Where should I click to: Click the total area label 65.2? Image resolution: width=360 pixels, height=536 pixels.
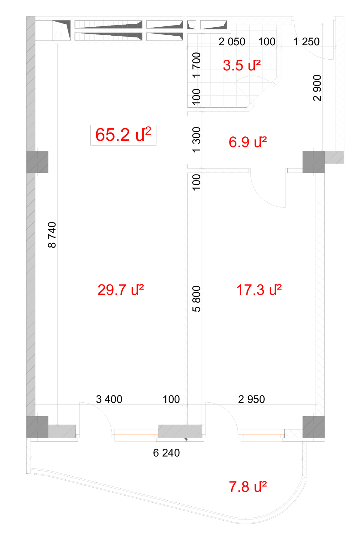click(x=123, y=135)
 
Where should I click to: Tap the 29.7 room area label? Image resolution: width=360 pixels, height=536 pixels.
click(x=121, y=290)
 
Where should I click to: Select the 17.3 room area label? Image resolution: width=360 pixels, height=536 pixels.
click(x=259, y=290)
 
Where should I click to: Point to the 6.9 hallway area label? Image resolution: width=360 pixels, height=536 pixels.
click(x=247, y=142)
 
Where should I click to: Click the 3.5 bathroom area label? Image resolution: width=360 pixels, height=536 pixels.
click(x=241, y=65)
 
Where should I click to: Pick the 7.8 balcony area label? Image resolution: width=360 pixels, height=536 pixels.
click(x=247, y=487)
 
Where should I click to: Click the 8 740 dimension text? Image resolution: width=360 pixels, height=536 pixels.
click(x=52, y=235)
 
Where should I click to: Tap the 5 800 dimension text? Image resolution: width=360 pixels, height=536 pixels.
click(x=196, y=299)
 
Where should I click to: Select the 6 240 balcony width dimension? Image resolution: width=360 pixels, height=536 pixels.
click(x=166, y=453)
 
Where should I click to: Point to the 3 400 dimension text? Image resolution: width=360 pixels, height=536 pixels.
click(x=109, y=399)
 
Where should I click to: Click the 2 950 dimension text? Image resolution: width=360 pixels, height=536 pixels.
click(x=251, y=399)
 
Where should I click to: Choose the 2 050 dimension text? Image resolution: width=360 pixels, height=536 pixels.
click(x=232, y=42)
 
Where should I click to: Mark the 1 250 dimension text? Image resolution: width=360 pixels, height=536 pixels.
click(x=306, y=42)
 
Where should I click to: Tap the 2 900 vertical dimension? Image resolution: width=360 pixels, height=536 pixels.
click(x=317, y=88)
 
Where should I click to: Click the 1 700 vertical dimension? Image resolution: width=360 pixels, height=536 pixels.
click(x=196, y=65)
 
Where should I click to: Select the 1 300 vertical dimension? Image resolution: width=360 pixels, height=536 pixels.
click(x=196, y=140)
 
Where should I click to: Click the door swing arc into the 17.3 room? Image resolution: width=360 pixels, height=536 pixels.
click(x=260, y=198)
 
